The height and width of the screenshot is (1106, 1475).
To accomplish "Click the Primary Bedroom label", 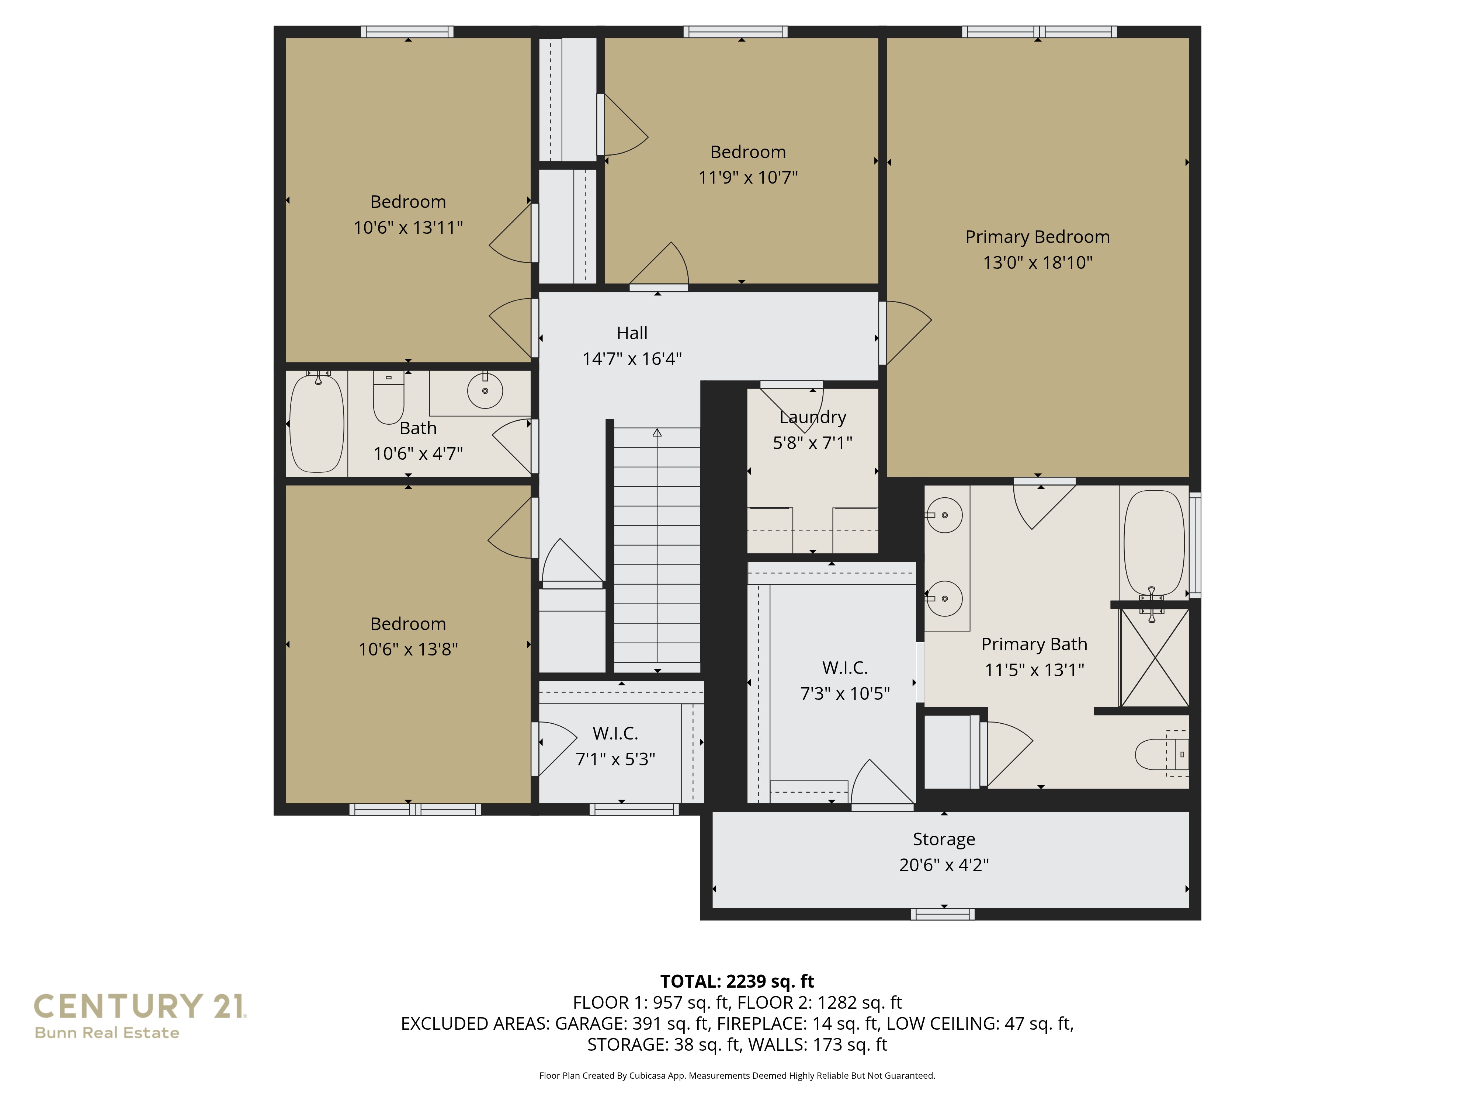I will (x=1037, y=237).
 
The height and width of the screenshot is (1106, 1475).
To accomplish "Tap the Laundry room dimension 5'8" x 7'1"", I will (x=812, y=443).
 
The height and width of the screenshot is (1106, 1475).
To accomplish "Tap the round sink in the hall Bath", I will (x=485, y=391).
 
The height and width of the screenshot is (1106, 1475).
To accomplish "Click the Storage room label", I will (x=944, y=839).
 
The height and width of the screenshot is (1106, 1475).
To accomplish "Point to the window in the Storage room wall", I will (x=942, y=914).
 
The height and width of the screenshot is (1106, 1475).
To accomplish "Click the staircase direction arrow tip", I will (x=657, y=433).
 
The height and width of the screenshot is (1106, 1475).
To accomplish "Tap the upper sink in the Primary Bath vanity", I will (x=944, y=515).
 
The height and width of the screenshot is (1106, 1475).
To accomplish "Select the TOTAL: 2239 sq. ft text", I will (x=737, y=981).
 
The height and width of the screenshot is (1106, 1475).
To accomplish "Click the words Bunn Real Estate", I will (x=107, y=1033).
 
